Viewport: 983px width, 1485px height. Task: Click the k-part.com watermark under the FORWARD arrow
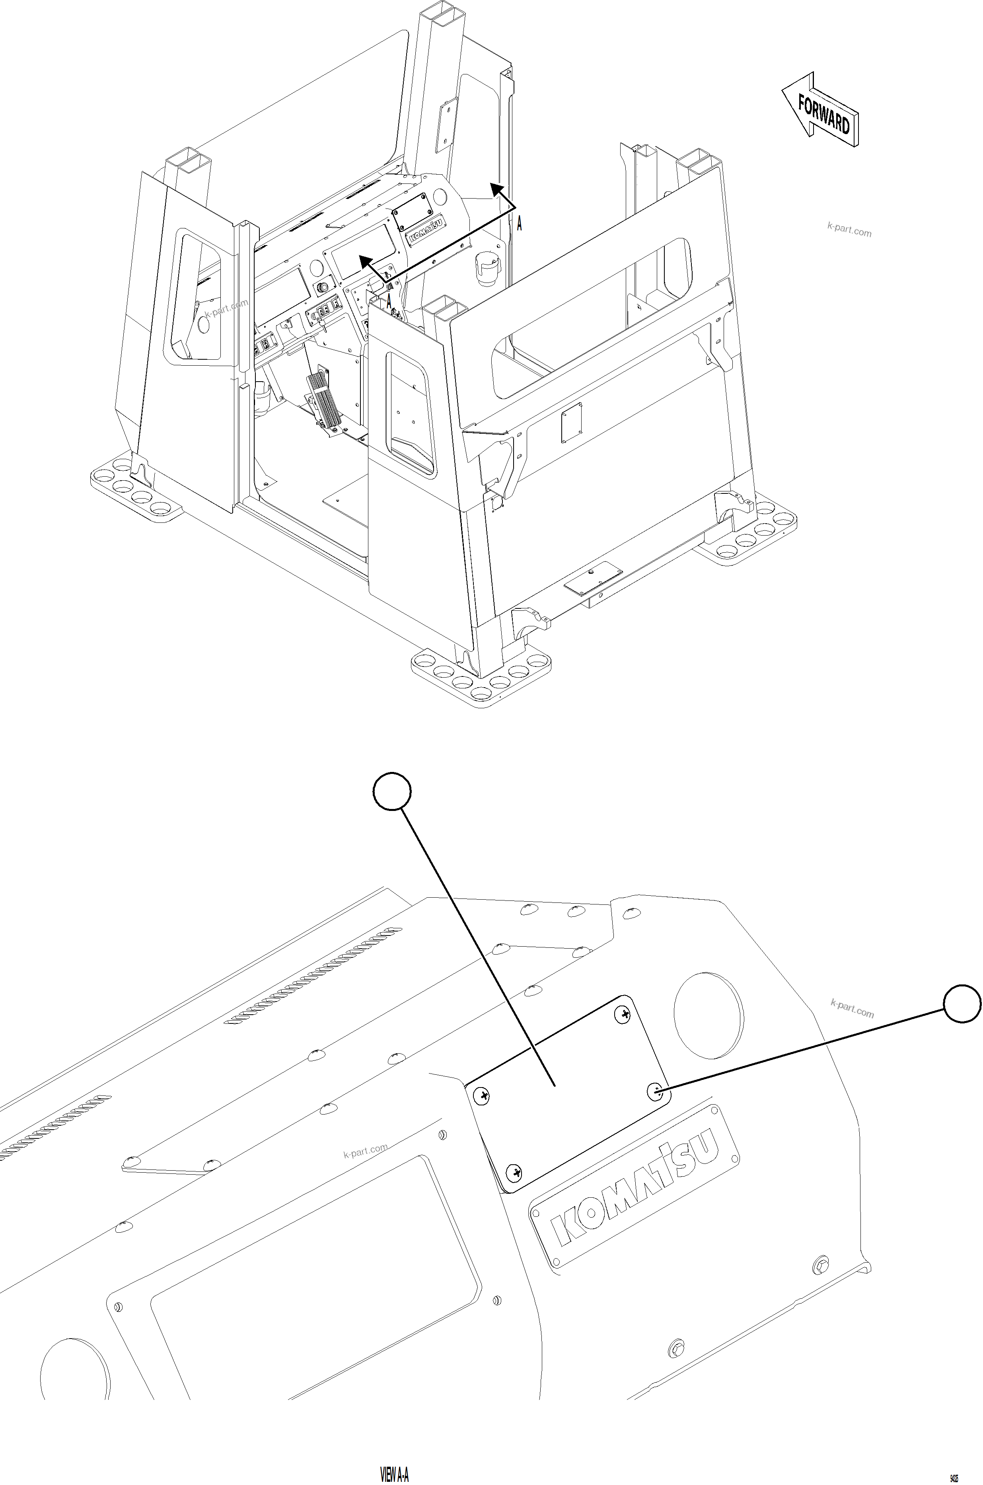pos(849,230)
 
